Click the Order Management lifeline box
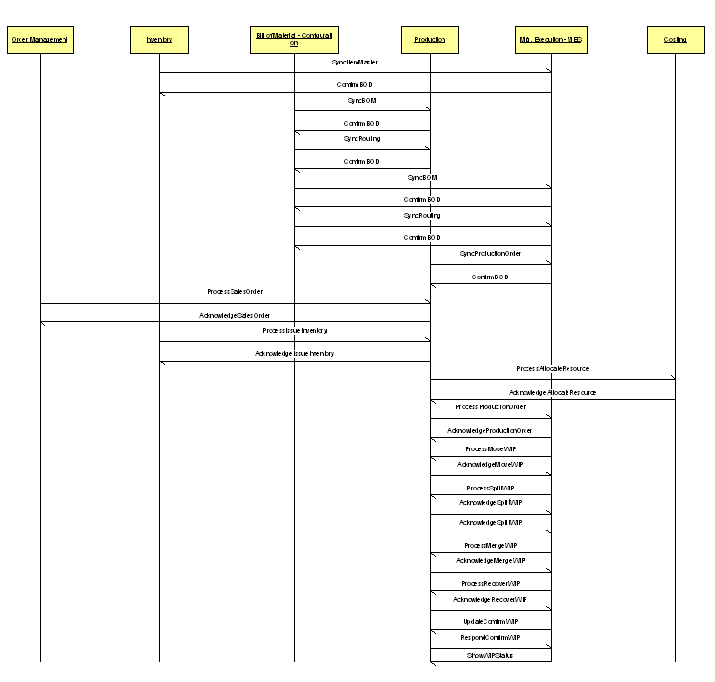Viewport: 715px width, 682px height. click(x=40, y=40)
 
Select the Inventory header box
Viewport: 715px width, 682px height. click(x=159, y=40)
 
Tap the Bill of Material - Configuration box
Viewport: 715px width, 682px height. click(x=294, y=39)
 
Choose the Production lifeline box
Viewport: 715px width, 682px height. click(x=430, y=40)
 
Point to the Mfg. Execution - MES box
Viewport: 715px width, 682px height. click(x=551, y=40)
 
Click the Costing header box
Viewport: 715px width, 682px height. click(x=675, y=40)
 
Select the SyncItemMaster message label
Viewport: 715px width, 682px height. click(x=355, y=63)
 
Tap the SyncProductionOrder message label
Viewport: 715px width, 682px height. click(x=489, y=254)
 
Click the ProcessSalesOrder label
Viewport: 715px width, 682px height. click(x=234, y=292)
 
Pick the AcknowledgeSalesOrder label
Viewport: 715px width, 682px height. click(x=234, y=316)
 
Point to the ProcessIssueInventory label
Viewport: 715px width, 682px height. click(x=294, y=331)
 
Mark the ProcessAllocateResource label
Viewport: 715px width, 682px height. click(x=552, y=369)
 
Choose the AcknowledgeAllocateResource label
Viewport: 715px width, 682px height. click(x=552, y=393)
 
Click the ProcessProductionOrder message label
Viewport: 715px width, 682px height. click(x=489, y=407)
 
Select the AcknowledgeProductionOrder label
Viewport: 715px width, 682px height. click(x=489, y=431)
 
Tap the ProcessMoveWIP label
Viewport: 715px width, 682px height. click(x=489, y=449)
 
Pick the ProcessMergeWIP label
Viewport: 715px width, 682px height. click(x=489, y=546)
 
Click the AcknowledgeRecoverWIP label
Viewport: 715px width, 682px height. click(x=489, y=600)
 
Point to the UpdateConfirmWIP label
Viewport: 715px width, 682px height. click(x=489, y=622)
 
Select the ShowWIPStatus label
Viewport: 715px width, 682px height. click(x=489, y=656)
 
